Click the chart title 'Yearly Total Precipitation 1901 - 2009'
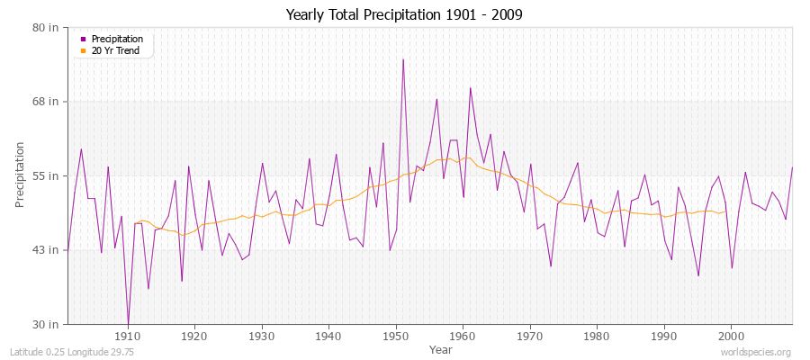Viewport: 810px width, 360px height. (x=404, y=15)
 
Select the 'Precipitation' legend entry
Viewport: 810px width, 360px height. (x=117, y=39)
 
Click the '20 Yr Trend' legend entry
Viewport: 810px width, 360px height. (x=116, y=50)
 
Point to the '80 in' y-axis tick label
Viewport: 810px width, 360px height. (x=46, y=27)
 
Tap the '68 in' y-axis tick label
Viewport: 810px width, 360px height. (x=46, y=101)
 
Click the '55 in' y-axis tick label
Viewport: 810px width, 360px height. (x=46, y=175)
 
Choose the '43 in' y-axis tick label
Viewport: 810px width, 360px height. (x=46, y=249)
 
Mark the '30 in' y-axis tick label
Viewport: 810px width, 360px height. (x=46, y=323)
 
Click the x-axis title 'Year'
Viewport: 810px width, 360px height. (x=441, y=348)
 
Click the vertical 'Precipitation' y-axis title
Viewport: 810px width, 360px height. (x=20, y=175)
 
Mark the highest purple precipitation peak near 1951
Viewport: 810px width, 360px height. (x=403, y=59)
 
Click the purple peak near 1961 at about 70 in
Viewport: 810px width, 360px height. (x=470, y=87)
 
